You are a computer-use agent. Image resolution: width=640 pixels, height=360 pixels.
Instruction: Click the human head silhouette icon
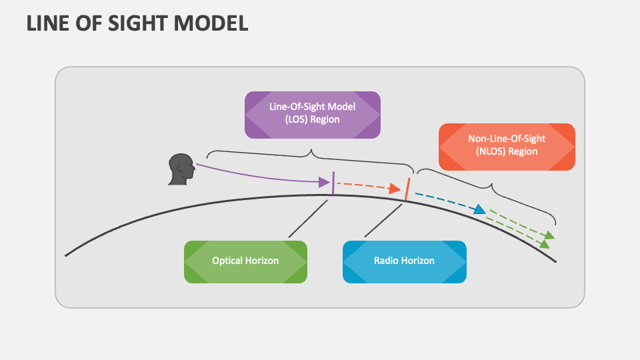coord(180,169)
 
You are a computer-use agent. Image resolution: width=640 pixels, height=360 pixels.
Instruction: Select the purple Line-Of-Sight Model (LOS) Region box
coord(313,114)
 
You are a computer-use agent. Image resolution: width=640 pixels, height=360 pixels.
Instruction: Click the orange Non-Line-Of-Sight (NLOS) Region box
coord(507,145)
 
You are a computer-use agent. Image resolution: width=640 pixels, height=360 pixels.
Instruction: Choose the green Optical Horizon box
coord(245,261)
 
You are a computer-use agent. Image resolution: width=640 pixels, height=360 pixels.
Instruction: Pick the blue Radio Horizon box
coord(404,261)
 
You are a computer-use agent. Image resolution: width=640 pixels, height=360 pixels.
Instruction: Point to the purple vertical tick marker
coord(333,183)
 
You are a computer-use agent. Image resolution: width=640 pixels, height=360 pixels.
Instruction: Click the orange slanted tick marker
coord(407,189)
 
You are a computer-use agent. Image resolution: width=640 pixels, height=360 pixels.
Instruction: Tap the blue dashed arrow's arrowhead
coord(479,210)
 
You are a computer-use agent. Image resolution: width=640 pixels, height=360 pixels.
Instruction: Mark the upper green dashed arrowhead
coord(549,235)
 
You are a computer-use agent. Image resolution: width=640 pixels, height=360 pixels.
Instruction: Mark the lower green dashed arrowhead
coord(545,245)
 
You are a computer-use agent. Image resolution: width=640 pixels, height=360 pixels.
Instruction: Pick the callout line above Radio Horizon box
coord(383,220)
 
